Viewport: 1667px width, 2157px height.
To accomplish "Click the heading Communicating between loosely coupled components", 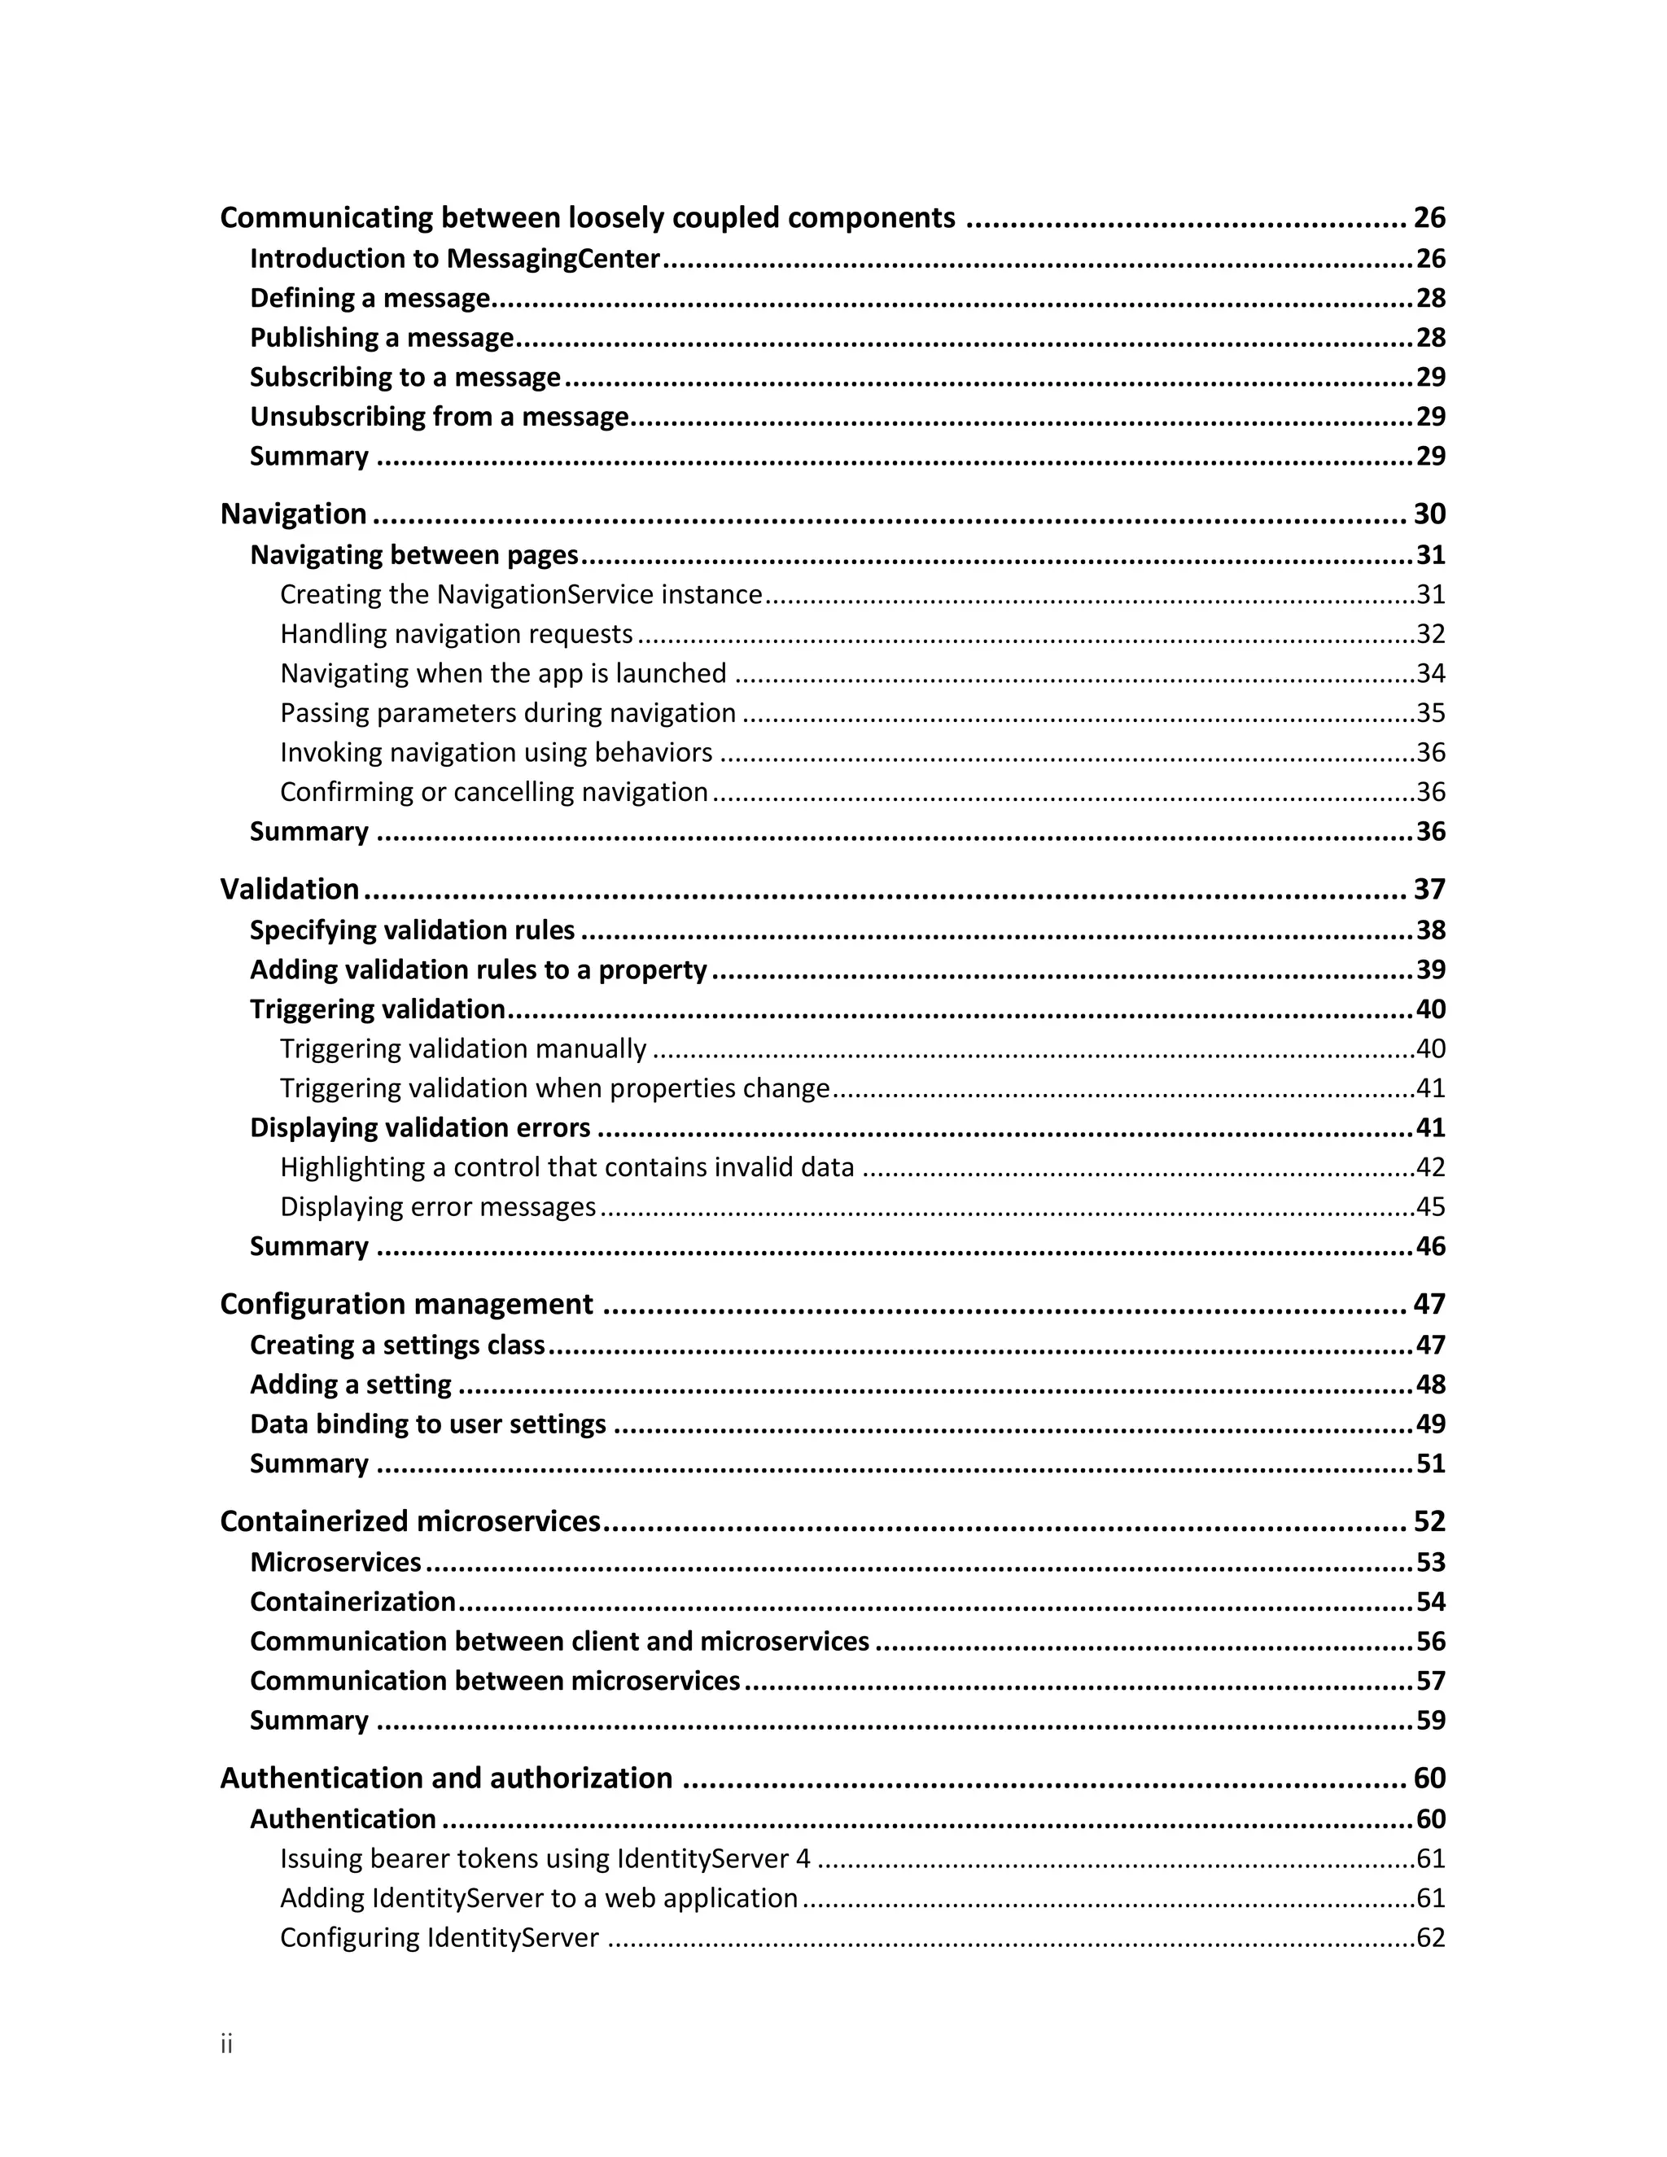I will coord(587,217).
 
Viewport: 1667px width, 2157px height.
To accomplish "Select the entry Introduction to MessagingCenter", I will coord(454,259).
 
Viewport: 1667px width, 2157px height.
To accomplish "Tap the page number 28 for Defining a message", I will coord(1430,298).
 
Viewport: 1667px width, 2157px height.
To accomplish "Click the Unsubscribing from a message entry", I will coord(439,417).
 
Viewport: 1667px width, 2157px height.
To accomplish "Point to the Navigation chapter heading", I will coord(293,514).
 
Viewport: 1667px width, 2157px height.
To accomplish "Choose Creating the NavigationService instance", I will coord(520,594).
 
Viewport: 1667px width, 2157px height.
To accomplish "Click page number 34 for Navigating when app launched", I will coord(1430,674).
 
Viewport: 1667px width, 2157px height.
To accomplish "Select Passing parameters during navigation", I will coord(508,713).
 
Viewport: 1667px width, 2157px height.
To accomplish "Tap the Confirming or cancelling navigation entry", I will coord(494,792).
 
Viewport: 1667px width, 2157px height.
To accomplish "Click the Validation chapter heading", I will coord(289,889).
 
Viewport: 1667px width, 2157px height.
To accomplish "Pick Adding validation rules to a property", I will coord(478,970).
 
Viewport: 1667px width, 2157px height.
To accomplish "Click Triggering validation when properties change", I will coord(554,1088).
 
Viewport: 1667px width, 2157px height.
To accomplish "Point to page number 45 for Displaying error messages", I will coord(1430,1207).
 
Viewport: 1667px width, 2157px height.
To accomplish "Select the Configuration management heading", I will coord(406,1304).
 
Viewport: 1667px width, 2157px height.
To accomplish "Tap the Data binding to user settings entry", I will coord(427,1424).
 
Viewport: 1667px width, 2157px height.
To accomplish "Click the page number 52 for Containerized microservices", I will coord(1429,1521).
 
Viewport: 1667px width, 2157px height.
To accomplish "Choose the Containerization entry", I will coord(352,1602).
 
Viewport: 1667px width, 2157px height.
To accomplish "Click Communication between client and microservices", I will coord(559,1642).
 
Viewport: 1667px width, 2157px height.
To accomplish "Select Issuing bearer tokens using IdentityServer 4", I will coord(545,1859).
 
